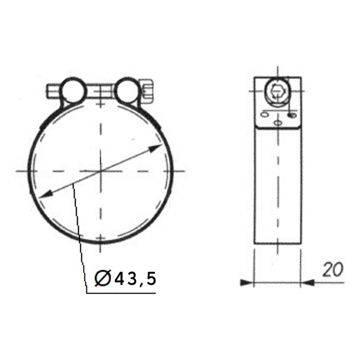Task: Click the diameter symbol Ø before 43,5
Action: (103, 278)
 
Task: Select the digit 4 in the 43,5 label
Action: (120, 279)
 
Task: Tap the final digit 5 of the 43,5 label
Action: (151, 279)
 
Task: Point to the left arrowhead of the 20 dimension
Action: (246, 282)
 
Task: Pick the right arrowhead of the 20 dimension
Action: (307, 282)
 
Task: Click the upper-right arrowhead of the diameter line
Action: (156, 148)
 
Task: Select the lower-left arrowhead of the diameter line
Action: (45, 195)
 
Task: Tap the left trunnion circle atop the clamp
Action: (73, 90)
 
